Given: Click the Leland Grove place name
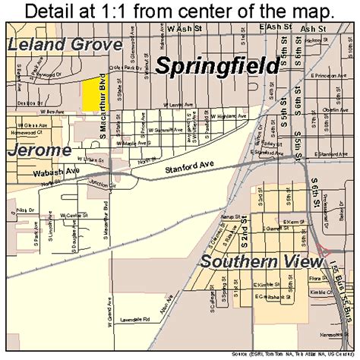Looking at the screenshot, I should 65,44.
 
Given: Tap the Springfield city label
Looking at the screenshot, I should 216,66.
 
